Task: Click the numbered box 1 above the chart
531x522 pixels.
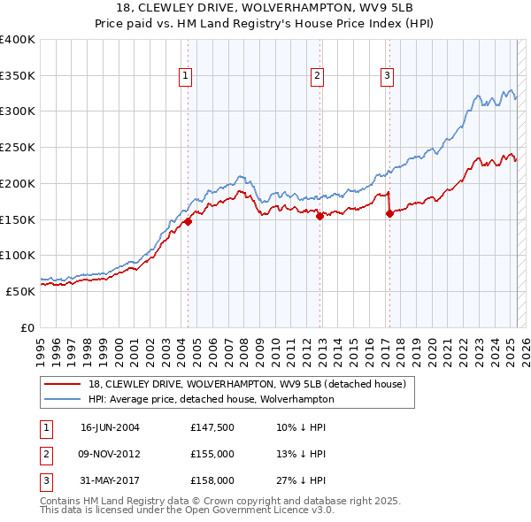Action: pos(186,77)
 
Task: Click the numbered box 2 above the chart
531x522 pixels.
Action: pos(317,77)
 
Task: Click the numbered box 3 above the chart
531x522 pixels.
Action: pos(388,77)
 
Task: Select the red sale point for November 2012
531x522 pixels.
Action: pos(319,216)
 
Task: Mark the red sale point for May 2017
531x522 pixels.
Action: pos(389,213)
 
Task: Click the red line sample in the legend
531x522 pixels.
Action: pos(65,384)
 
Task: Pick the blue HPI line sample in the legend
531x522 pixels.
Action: pos(65,399)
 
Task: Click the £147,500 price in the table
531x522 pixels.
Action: pos(212,427)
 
